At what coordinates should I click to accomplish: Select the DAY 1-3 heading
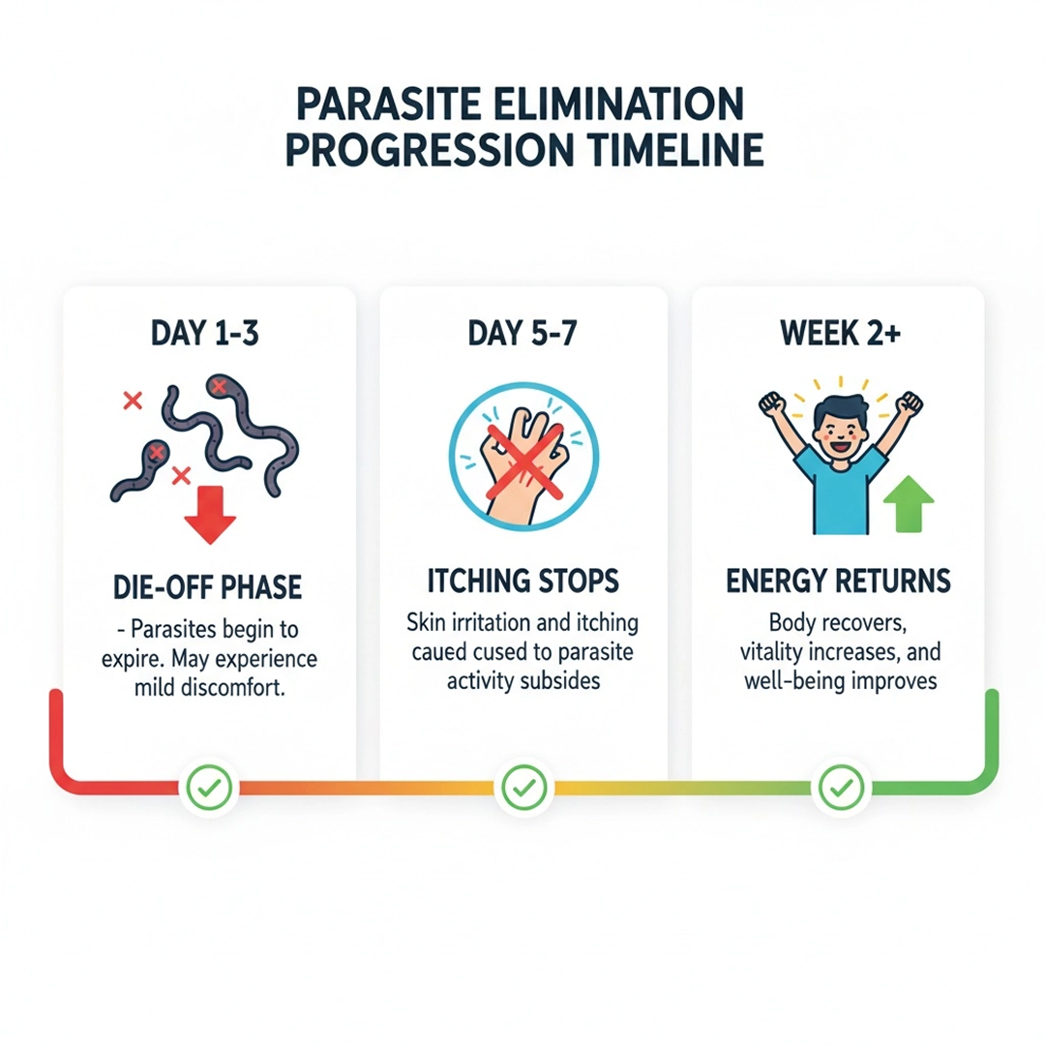pos(204,333)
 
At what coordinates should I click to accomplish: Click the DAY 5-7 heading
pos(522,333)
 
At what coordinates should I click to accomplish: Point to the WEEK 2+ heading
pos(841,333)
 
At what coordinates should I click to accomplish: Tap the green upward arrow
pos(909,504)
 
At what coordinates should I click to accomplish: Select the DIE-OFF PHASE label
pos(207,587)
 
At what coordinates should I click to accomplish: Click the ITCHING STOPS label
pos(523,581)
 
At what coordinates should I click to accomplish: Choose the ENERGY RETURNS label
pos(838,581)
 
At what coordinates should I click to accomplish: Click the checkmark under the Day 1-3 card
pos(209,788)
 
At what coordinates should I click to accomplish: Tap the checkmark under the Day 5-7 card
pos(524,788)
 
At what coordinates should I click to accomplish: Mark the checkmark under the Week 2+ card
pos(841,788)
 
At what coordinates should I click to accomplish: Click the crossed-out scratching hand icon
pos(523,457)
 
